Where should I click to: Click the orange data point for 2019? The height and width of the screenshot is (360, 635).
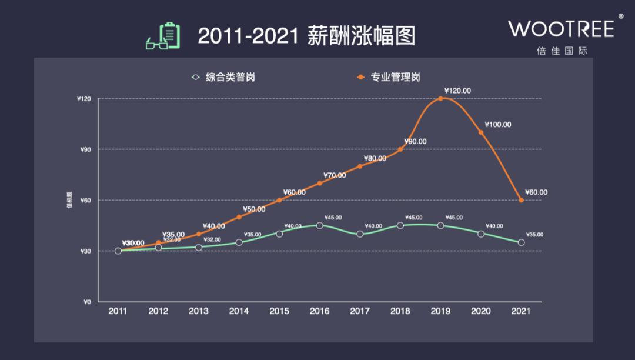point(440,98)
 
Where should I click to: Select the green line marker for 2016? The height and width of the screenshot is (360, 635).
point(320,225)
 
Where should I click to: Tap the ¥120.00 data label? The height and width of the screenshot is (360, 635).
point(458,91)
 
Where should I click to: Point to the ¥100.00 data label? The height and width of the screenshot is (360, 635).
point(498,125)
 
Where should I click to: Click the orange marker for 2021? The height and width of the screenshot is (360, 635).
point(522,200)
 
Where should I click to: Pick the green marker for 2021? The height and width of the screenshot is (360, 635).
point(522,242)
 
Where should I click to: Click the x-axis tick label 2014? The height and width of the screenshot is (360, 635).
point(239,311)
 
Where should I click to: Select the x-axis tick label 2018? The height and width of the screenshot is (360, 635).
point(400,311)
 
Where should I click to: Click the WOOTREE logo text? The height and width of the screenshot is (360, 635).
point(561,28)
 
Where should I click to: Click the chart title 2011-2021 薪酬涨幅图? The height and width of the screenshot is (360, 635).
point(306,35)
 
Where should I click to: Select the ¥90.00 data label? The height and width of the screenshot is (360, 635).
point(415,142)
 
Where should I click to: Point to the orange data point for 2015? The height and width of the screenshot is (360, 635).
point(279,200)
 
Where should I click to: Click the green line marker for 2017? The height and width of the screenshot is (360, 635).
point(360,234)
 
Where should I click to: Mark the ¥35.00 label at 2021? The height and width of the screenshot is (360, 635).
point(534,235)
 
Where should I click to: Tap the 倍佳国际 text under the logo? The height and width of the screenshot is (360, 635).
point(562,51)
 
